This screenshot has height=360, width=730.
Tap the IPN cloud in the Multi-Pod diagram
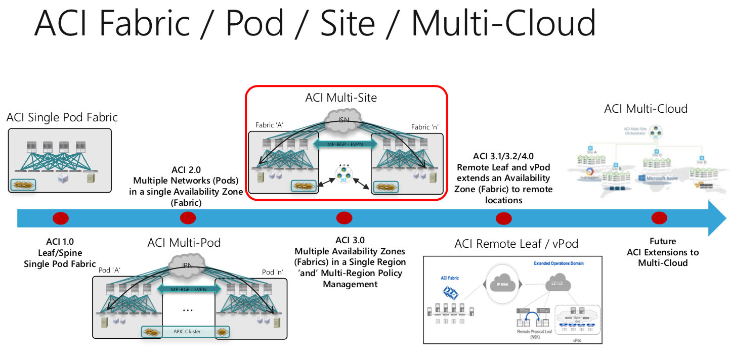coord(187,264)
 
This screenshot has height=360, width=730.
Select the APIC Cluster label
coord(186,332)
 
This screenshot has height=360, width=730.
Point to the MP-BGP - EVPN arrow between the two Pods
coord(189,290)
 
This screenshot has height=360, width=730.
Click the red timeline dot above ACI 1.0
coord(61,218)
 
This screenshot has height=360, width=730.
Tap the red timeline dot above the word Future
coord(659,218)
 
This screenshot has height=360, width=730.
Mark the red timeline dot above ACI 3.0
coord(344,218)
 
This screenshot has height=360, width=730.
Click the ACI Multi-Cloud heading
coord(646,108)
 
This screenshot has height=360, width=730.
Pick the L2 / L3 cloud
coord(558,285)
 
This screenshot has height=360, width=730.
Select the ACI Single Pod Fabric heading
coord(62,117)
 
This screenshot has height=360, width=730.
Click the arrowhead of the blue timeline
coord(718,218)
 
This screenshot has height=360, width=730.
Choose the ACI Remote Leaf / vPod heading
coord(516,244)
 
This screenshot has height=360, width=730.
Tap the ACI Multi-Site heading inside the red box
coord(341,98)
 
